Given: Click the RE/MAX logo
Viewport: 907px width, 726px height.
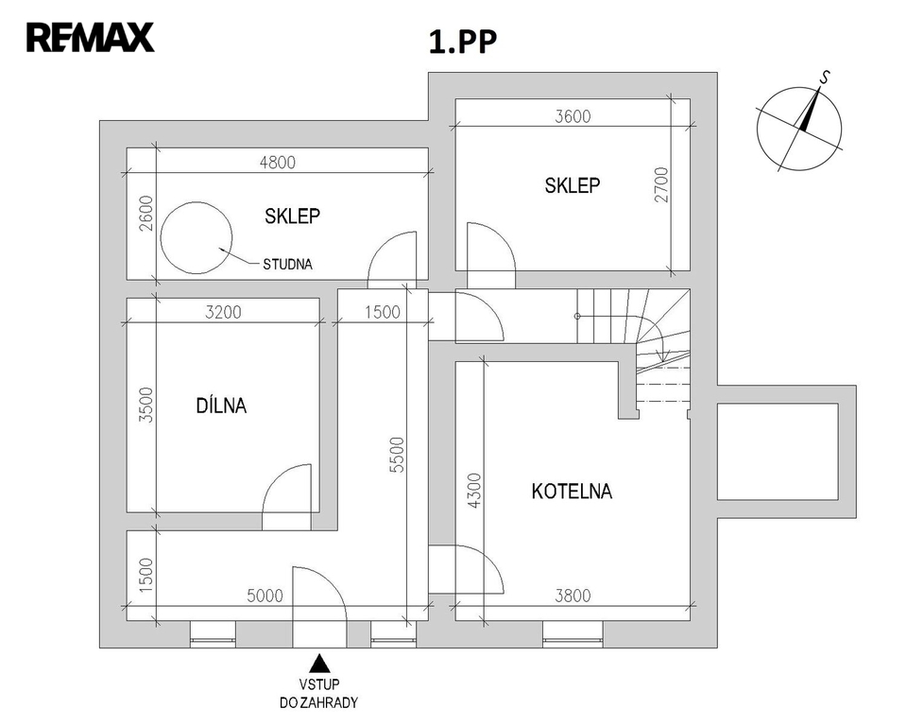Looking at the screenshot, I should click(x=90, y=39).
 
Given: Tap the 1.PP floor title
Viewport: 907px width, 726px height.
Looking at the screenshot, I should click(x=463, y=43).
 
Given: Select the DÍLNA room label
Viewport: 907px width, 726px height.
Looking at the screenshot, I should click(x=220, y=406).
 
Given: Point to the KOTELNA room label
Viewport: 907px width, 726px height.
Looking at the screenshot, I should click(x=572, y=492).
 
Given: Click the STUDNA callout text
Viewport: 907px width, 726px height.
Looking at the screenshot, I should click(x=287, y=265).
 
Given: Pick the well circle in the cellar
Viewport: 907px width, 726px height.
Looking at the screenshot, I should click(x=197, y=237).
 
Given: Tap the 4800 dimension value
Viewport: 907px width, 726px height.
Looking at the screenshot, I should click(x=277, y=162).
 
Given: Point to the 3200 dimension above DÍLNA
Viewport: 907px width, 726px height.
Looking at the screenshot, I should click(x=223, y=312).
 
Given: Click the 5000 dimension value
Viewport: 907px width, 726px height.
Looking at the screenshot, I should click(x=265, y=596).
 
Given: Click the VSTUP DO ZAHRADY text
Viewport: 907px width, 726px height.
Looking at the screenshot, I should click(x=319, y=693).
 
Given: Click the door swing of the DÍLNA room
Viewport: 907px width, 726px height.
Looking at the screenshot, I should click(x=288, y=492).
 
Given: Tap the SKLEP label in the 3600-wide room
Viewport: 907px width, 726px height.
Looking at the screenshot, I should click(x=572, y=186).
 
